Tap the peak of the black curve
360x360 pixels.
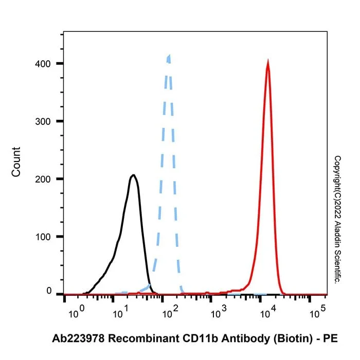(x=133, y=175)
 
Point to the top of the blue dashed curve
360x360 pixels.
(x=169, y=56)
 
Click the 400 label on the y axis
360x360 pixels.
(x=43, y=64)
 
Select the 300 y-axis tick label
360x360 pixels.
(x=43, y=121)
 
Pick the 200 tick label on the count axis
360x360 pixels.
(x=43, y=179)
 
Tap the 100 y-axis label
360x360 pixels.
(x=43, y=237)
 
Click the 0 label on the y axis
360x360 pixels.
(x=49, y=291)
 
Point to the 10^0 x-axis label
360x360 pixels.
(x=77, y=312)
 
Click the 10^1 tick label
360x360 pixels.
(x=121, y=312)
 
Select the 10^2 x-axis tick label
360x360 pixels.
(x=170, y=312)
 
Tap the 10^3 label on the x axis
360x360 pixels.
(x=219, y=312)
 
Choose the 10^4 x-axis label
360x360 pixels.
(x=268, y=312)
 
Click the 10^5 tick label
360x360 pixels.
(x=317, y=312)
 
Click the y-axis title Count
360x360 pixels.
(x=16, y=162)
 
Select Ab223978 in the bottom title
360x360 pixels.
(x=78, y=338)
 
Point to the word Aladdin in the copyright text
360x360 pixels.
(x=337, y=235)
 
